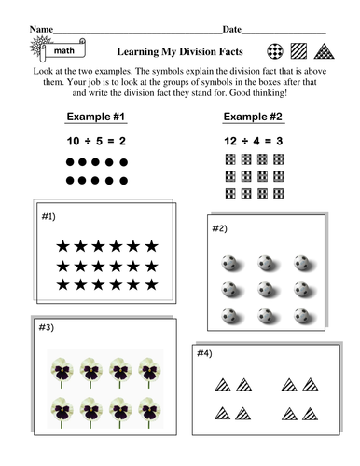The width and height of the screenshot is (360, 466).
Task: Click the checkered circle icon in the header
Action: point(276,51)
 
